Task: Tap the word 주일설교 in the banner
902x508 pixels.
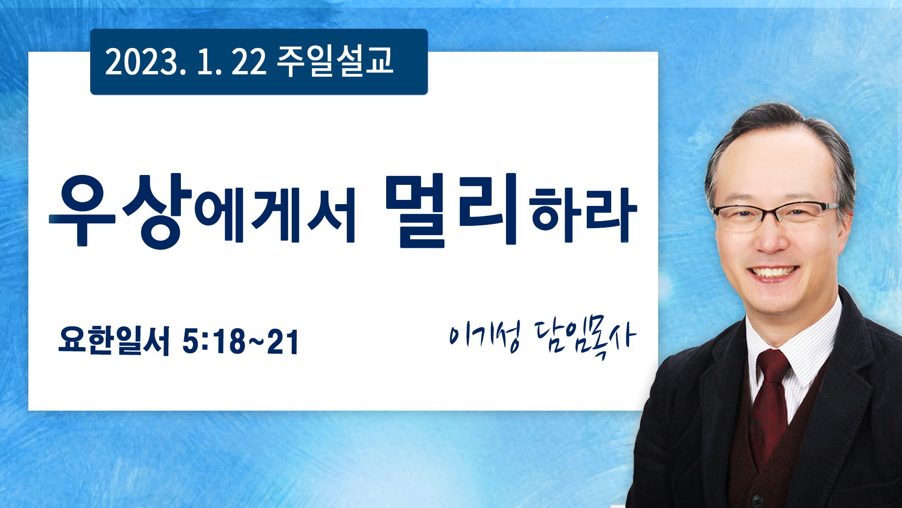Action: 335,61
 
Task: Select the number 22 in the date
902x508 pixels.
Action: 249,62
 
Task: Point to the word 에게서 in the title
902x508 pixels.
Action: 275,215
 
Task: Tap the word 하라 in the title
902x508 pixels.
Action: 583,215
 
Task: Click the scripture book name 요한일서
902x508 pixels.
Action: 114,340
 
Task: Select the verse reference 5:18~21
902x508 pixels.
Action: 241,341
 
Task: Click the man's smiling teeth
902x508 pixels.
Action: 773,272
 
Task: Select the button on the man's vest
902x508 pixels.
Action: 756,499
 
